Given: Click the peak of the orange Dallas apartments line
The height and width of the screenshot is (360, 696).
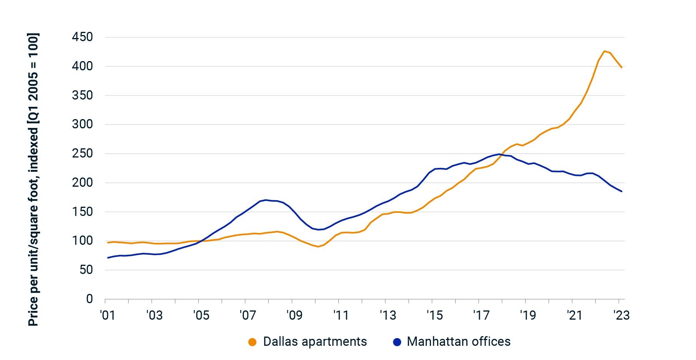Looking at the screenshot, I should (x=604, y=51).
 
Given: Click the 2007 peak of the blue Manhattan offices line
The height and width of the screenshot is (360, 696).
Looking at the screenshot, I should (x=265, y=200).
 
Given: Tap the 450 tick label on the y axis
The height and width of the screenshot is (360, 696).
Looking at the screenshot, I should (x=82, y=37).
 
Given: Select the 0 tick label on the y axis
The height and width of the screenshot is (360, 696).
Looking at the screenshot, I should (x=89, y=299).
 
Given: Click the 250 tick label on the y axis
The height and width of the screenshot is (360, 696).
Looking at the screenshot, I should (x=82, y=154).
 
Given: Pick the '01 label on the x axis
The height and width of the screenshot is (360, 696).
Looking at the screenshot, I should (x=107, y=315).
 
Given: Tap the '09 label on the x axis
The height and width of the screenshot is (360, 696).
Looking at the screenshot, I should (x=294, y=315).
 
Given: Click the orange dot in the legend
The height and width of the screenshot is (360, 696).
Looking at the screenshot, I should (x=252, y=342).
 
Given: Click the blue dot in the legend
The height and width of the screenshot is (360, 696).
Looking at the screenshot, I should (x=397, y=342).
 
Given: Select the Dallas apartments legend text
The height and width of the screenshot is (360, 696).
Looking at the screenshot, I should (x=315, y=342).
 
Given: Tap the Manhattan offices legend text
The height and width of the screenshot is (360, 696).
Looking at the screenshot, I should (x=458, y=342).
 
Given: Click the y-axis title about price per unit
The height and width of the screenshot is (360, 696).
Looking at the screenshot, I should (x=33, y=180).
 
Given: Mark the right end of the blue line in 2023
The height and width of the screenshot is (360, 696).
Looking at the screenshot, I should (x=621, y=191).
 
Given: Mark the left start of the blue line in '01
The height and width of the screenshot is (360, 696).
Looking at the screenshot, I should (x=108, y=257).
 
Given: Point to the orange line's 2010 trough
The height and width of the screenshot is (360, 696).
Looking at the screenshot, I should (x=318, y=247).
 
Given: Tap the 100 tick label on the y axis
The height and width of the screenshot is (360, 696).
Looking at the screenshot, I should (x=82, y=241).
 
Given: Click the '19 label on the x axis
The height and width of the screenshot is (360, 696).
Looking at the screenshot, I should (x=527, y=315).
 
